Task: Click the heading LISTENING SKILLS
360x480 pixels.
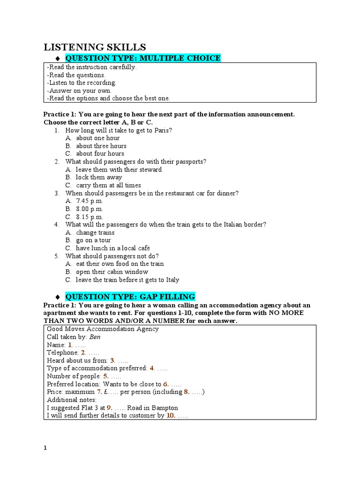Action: coord(95,47)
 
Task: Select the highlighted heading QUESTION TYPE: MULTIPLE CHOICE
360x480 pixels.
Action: coord(142,58)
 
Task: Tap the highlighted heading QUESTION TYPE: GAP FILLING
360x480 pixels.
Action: coord(130,297)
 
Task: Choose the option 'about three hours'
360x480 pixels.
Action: coord(101,146)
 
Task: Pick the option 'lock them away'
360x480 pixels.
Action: coord(99,177)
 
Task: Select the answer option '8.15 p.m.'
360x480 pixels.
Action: coord(90,217)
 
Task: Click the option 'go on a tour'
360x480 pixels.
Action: coord(94,240)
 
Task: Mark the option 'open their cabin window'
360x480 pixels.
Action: coord(112,272)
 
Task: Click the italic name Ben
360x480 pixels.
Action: coord(95,337)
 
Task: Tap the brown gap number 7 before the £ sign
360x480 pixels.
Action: coord(99,392)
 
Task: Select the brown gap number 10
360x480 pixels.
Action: coord(170,415)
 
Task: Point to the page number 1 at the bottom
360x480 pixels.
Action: coord(45,448)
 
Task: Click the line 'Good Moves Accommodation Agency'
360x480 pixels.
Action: coord(103,329)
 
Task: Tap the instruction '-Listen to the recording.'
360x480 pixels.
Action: coord(82,82)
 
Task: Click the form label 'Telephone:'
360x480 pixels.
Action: coord(62,352)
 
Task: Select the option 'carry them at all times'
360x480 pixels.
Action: coord(108,185)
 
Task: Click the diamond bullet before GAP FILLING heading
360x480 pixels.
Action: coord(57,297)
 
